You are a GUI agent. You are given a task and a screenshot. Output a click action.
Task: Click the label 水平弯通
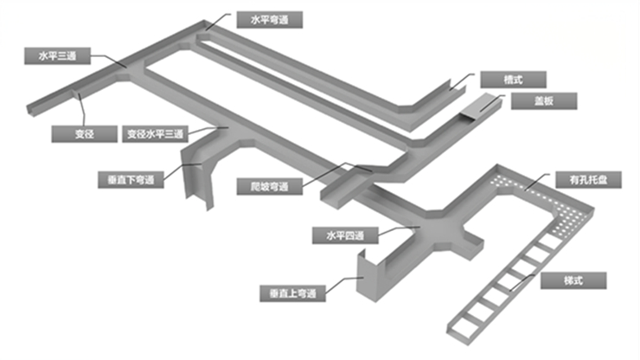[269, 20]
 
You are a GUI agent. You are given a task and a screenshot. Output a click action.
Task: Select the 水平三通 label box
[57, 55]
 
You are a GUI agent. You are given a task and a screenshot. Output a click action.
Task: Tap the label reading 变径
[85, 134]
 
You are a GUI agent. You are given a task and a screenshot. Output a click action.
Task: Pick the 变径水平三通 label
[155, 134]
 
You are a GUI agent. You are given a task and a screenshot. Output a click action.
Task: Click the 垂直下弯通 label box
[131, 180]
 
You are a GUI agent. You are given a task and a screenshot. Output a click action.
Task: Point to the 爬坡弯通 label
[270, 186]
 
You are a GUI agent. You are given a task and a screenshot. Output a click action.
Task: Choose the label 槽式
[514, 80]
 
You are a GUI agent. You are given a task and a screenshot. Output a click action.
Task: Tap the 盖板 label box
[544, 101]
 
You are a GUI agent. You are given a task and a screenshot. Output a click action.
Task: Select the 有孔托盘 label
[589, 180]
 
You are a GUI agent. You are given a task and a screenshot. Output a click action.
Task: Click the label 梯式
[573, 280]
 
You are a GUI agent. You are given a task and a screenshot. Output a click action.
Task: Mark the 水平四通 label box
[345, 235]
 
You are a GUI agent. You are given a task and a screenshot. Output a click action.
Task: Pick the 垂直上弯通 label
[292, 293]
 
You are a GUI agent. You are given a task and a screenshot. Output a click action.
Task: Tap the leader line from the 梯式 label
[522, 282]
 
